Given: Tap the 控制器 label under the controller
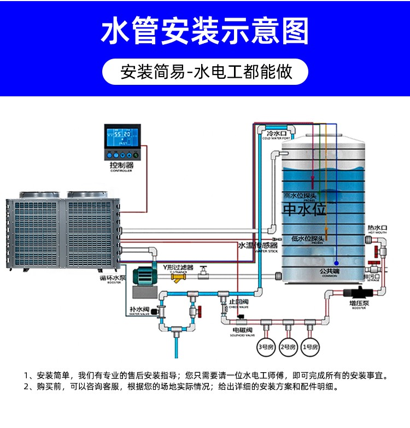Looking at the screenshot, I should [121, 165].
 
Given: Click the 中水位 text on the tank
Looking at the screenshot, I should [304, 210].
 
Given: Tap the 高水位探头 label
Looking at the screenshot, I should [304, 195].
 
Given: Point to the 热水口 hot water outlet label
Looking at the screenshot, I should [377, 227].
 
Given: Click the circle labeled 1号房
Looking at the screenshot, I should [310, 346].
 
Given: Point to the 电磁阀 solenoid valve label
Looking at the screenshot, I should [242, 331].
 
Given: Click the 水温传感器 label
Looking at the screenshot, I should [257, 246].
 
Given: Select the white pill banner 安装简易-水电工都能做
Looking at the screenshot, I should [205, 72].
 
